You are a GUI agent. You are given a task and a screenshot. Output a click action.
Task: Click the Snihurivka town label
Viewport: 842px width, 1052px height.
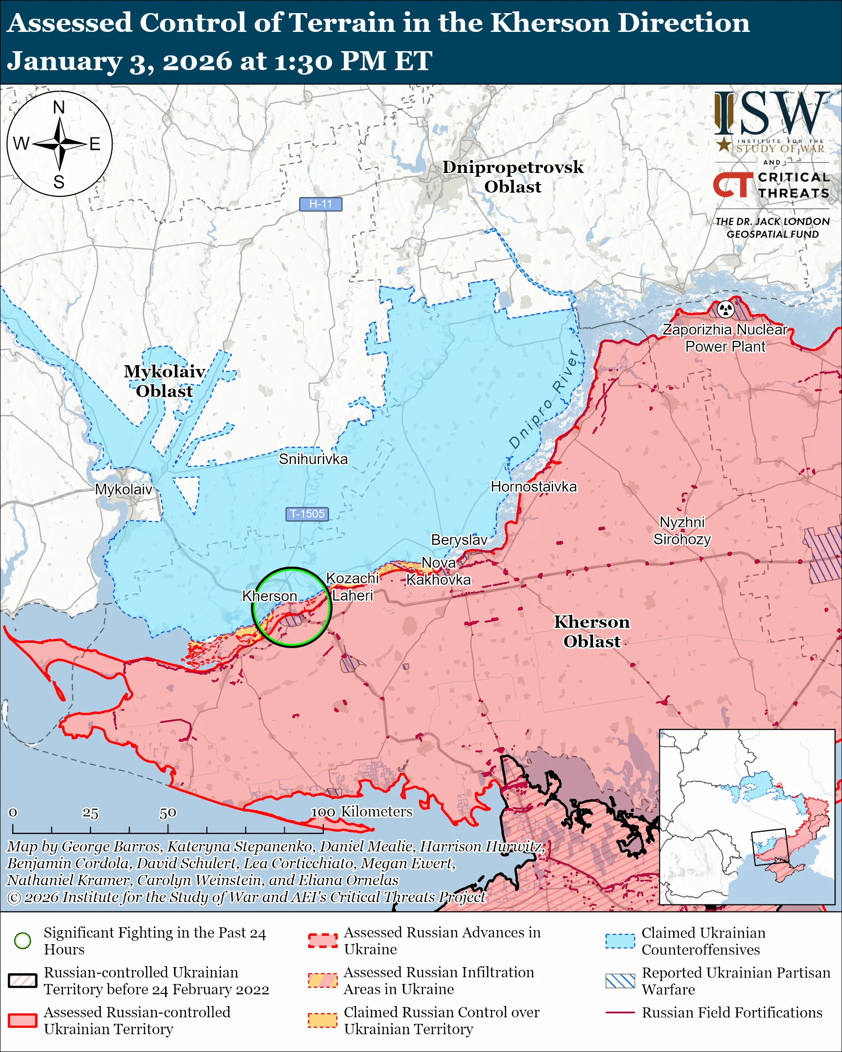(x=313, y=458)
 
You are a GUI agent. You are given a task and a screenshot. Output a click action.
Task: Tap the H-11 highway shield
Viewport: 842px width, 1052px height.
(x=320, y=204)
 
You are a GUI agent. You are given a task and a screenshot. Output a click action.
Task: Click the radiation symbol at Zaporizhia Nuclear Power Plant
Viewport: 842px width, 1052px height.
(x=725, y=309)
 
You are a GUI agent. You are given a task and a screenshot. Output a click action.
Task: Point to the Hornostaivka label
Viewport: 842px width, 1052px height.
(x=533, y=487)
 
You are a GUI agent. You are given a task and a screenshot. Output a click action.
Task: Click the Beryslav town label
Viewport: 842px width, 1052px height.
(x=459, y=540)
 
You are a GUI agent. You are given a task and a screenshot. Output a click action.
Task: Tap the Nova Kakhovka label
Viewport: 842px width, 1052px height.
(x=438, y=571)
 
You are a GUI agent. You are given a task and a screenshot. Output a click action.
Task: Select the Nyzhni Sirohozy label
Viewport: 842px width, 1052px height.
(x=682, y=531)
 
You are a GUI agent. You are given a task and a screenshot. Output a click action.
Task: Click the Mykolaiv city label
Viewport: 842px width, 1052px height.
(x=123, y=489)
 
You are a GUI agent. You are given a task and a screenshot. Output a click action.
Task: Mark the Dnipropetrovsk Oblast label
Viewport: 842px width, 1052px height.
(x=513, y=177)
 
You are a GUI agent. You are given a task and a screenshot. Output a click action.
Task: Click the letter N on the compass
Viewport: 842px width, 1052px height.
(x=59, y=107)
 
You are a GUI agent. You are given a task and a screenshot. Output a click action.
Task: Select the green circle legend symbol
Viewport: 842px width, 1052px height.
(x=23, y=941)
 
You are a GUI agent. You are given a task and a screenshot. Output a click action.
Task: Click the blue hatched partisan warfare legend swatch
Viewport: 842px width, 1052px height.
(x=620, y=981)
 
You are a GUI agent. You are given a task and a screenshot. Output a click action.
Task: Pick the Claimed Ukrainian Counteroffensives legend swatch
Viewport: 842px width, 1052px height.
(x=620, y=941)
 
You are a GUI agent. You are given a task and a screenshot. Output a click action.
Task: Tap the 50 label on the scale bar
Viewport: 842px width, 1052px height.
(x=167, y=813)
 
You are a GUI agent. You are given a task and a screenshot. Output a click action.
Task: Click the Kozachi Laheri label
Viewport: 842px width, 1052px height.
(x=352, y=587)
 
